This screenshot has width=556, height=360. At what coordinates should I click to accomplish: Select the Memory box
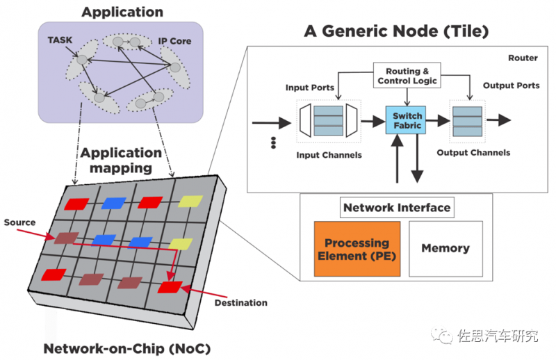tap(445, 248)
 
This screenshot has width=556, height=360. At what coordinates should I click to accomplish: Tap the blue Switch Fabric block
tap(407, 120)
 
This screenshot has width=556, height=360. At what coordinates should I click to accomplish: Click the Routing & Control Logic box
tap(408, 76)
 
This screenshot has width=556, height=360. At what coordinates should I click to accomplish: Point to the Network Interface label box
tap(397, 207)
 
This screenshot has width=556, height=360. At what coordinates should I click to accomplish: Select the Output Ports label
tap(511, 85)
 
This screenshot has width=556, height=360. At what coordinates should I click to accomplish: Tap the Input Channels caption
tap(329, 155)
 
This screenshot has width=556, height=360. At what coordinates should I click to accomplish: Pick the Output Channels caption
tap(474, 152)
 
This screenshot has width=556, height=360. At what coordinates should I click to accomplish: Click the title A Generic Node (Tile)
tap(396, 32)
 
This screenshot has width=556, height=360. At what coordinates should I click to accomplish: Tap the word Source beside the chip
tap(19, 222)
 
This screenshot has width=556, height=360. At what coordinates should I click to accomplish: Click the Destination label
tap(240, 302)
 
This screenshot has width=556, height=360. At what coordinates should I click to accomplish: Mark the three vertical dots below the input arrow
tap(274, 142)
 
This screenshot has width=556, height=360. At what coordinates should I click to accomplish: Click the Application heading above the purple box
tap(122, 12)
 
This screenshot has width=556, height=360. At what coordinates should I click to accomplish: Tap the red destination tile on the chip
tap(169, 286)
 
